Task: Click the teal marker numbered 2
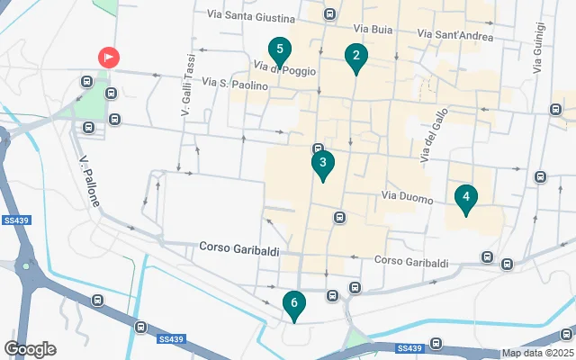coord(355,58)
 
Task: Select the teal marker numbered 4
coord(465,197)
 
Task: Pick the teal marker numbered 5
coord(280,50)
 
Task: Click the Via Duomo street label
coord(407,196)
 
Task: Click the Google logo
coord(30,349)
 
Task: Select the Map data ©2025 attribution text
coord(537,354)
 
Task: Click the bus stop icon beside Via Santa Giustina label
coord(330,14)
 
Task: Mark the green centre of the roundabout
coord(27,265)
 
